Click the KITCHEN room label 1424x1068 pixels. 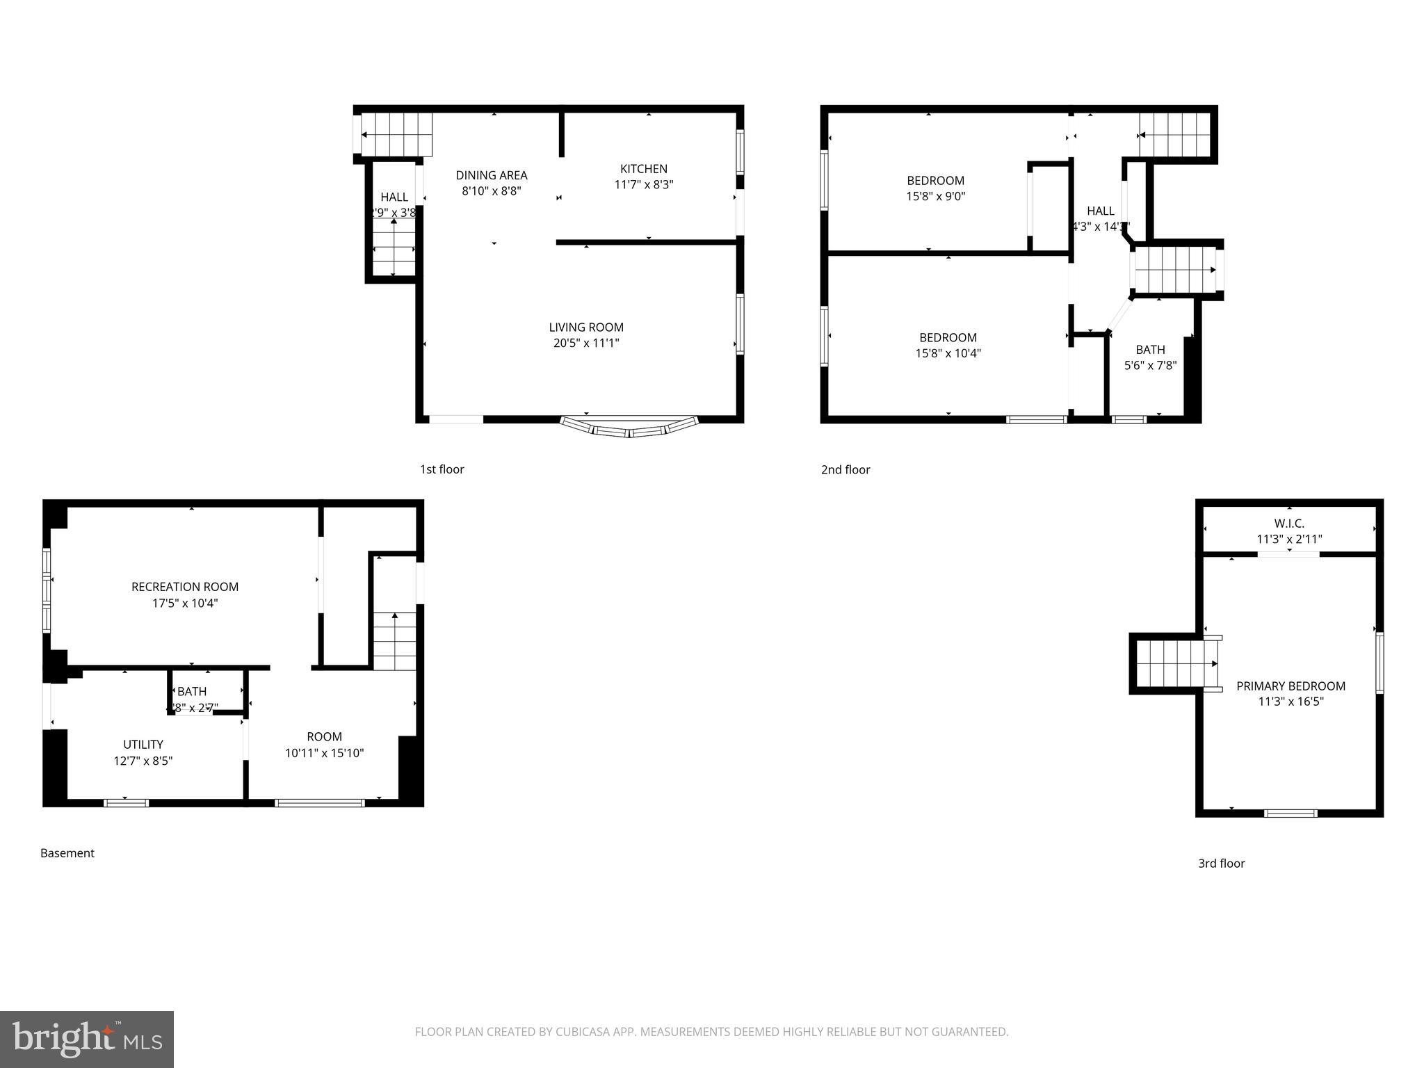pyautogui.click(x=643, y=169)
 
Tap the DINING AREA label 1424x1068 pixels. pyautogui.click(x=491, y=175)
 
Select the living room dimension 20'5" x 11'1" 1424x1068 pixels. pyautogui.click(x=585, y=343)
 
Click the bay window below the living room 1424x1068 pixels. pyautogui.click(x=629, y=428)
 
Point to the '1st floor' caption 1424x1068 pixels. pyautogui.click(x=442, y=469)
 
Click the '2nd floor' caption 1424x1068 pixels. pyautogui.click(x=845, y=470)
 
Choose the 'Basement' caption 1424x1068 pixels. pyautogui.click(x=67, y=853)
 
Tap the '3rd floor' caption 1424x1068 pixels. pyautogui.click(x=1221, y=864)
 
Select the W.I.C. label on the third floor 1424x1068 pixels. pyautogui.click(x=1288, y=524)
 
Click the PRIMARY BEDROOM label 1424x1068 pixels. pyautogui.click(x=1290, y=686)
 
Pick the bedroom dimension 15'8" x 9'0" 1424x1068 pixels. pyautogui.click(x=935, y=197)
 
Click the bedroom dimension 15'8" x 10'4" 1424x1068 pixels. pyautogui.click(x=948, y=353)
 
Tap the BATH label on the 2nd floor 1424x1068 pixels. pyautogui.click(x=1150, y=350)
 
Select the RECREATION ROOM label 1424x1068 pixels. pyautogui.click(x=184, y=587)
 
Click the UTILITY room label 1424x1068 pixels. pyautogui.click(x=143, y=745)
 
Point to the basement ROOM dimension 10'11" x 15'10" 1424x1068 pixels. pyautogui.click(x=324, y=753)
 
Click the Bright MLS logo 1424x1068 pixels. pyautogui.click(x=87, y=1039)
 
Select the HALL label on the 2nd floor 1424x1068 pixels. pyautogui.click(x=1100, y=211)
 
